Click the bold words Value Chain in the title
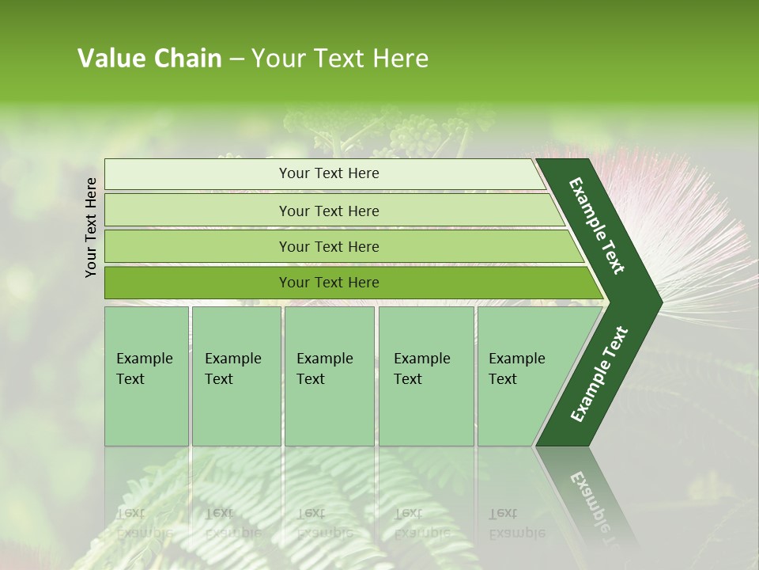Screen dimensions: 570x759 click(x=149, y=59)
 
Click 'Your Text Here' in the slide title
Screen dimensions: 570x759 click(x=340, y=59)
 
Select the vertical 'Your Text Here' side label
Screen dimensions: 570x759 click(x=91, y=227)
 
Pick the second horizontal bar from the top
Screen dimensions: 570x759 click(x=329, y=211)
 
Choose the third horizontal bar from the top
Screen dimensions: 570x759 click(x=329, y=246)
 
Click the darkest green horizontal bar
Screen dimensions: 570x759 click(x=329, y=283)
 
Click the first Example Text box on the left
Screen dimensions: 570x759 click(x=146, y=375)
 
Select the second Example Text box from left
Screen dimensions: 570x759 click(x=236, y=375)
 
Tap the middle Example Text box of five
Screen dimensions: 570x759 click(x=329, y=375)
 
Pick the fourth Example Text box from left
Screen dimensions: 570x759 click(x=426, y=375)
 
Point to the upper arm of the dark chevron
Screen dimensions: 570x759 click(x=597, y=226)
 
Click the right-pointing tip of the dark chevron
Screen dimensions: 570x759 click(x=653, y=302)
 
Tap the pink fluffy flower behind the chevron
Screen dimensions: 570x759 click(x=696, y=230)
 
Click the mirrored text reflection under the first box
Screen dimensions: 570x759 click(x=144, y=523)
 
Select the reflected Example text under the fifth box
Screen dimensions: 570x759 click(x=516, y=523)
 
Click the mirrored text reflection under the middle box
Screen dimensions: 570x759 click(x=324, y=523)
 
